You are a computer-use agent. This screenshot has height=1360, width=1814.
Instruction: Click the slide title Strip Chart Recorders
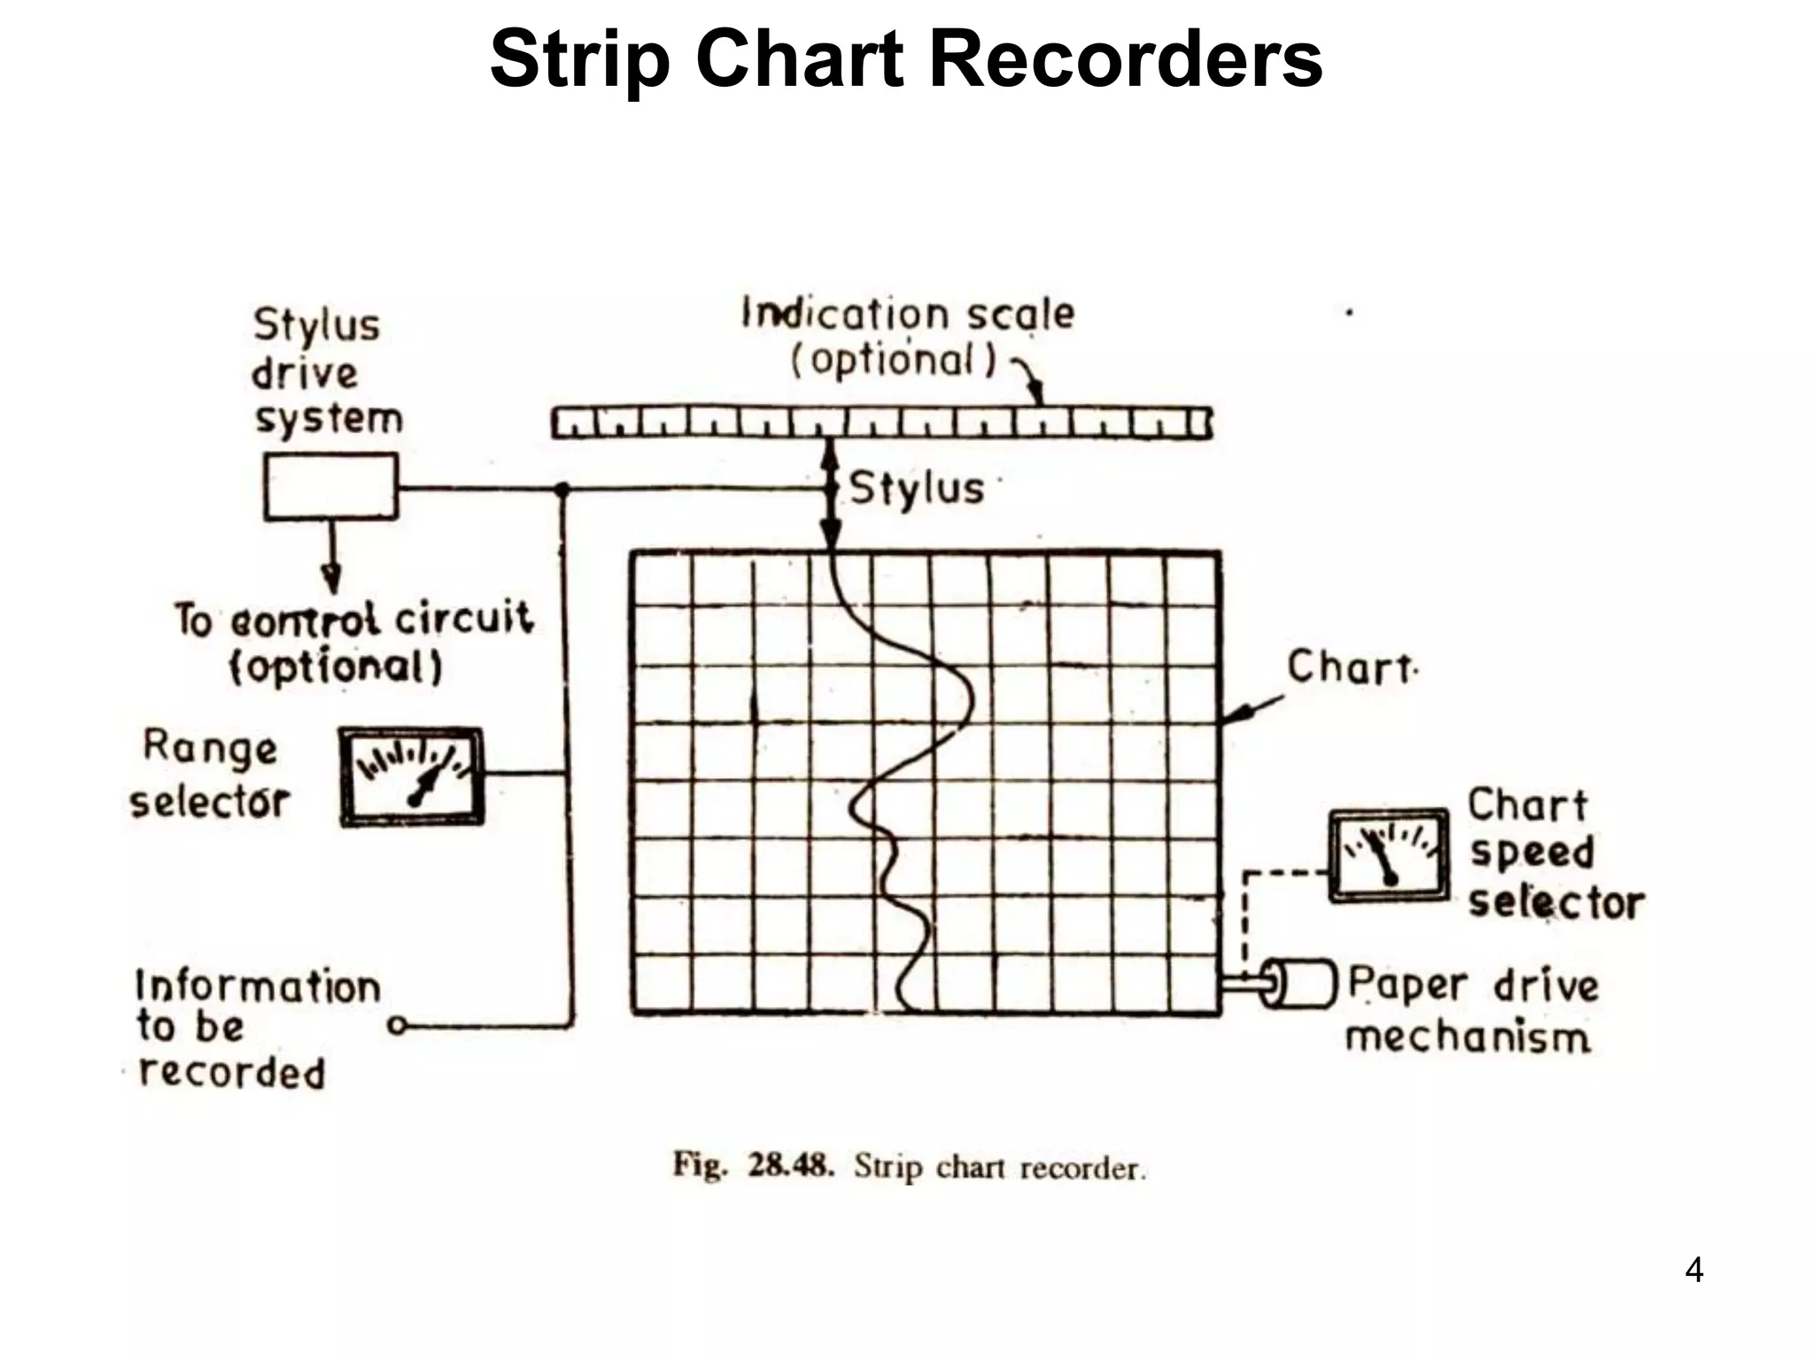(x=905, y=60)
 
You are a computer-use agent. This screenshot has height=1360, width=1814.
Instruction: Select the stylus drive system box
(x=330, y=486)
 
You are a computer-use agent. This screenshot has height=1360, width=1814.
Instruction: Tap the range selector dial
(x=413, y=777)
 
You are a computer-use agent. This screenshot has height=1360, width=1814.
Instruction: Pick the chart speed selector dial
(x=1388, y=855)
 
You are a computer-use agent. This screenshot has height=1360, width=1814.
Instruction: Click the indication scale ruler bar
(x=881, y=422)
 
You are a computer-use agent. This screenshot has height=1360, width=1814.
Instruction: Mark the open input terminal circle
(x=398, y=1026)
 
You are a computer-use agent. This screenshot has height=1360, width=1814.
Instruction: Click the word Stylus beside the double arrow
(x=917, y=488)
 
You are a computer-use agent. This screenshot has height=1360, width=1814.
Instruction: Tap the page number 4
(x=1694, y=1271)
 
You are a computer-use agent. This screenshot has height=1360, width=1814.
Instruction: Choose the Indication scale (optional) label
(x=907, y=336)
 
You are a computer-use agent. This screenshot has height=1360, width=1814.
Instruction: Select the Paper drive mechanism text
(x=1471, y=1010)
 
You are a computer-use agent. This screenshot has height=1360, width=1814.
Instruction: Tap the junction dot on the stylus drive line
(x=561, y=488)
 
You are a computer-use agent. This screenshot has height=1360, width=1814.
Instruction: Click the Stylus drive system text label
(x=326, y=372)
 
